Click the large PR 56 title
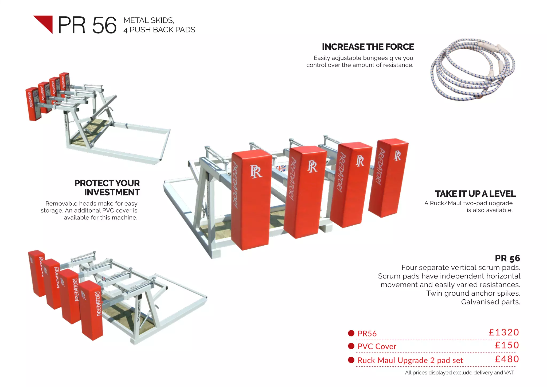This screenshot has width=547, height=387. tap(87, 25)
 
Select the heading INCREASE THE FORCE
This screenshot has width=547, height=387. tap(368, 47)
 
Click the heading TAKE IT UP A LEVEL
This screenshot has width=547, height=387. tap(475, 194)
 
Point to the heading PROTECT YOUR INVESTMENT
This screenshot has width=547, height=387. tap(107, 188)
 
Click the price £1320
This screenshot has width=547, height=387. tap(504, 332)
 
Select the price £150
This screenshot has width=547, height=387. tap(507, 345)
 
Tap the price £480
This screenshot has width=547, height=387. tap(507, 359)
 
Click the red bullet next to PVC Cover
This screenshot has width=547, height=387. tap(351, 346)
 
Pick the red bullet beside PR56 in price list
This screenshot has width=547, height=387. tap(351, 333)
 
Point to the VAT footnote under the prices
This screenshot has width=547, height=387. tap(459, 373)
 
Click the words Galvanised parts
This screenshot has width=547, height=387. tap(490, 302)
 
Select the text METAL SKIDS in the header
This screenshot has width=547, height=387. tap(149, 21)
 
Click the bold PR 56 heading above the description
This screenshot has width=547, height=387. tap(507, 258)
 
